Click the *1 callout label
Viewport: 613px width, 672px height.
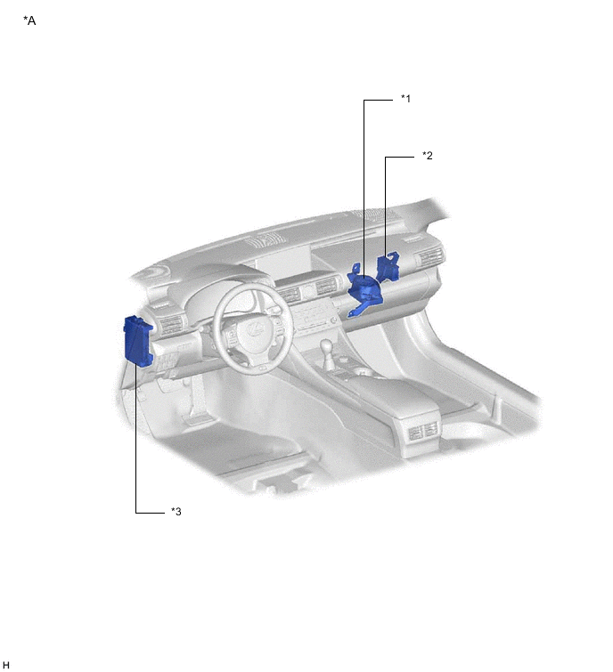(405, 99)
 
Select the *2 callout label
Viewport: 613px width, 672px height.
(428, 155)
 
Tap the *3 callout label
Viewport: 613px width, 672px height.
(176, 511)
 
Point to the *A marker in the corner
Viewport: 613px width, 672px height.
(29, 20)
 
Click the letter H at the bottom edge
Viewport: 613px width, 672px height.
(5, 665)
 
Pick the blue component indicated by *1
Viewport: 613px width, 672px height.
(364, 289)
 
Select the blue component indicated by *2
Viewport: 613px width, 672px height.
(388, 266)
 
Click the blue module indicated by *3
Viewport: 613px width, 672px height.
(138, 341)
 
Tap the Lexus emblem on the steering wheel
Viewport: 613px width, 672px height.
(255, 329)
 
